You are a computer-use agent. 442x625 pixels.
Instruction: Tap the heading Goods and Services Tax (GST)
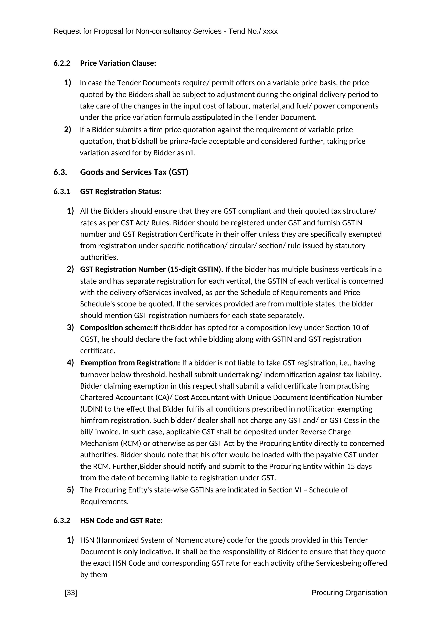click(x=134, y=172)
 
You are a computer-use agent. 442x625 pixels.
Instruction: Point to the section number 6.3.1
click(x=62, y=192)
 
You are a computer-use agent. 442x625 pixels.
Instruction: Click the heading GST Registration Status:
click(x=121, y=192)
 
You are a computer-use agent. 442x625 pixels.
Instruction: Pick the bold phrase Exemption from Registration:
click(x=130, y=363)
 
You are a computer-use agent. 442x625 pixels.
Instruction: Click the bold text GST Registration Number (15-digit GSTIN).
click(x=151, y=269)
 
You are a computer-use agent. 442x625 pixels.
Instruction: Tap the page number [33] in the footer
click(x=71, y=593)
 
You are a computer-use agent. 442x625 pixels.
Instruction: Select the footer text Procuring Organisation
click(x=349, y=593)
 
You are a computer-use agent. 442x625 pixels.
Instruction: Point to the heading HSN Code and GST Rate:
click(x=121, y=520)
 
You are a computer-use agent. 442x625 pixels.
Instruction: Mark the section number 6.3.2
click(x=62, y=520)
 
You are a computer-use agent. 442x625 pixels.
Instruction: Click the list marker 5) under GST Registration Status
click(x=70, y=490)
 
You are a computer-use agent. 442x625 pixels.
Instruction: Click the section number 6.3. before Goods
click(x=60, y=172)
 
